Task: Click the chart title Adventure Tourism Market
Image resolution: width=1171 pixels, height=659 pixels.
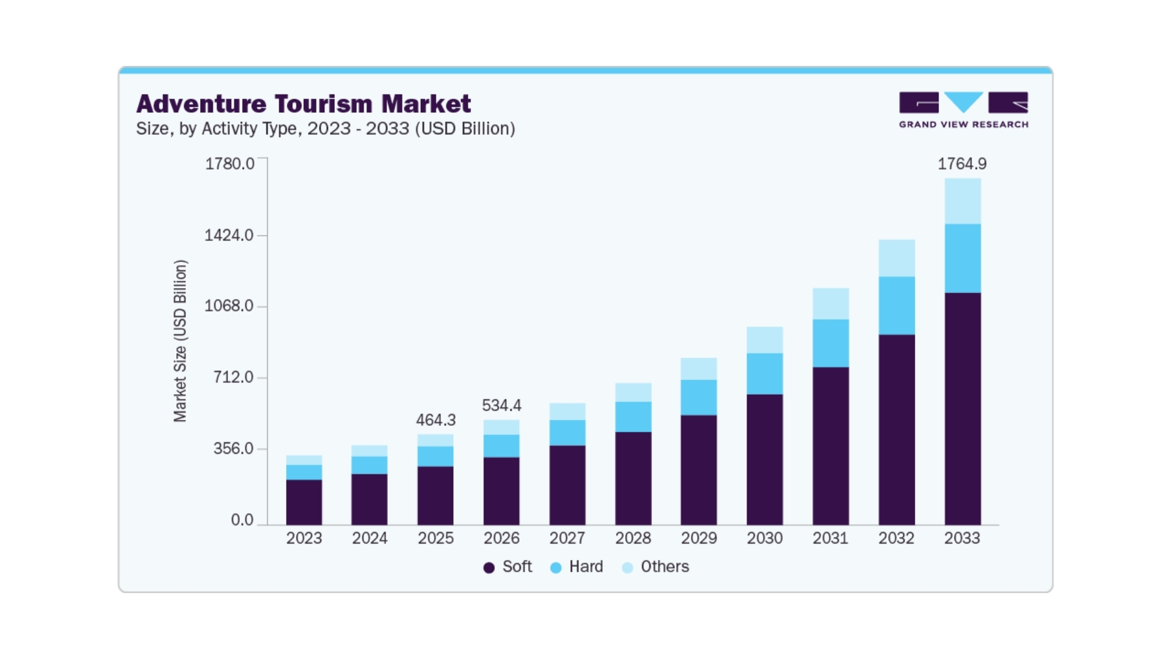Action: tap(303, 104)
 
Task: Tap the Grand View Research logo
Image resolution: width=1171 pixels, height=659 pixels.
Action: tap(963, 110)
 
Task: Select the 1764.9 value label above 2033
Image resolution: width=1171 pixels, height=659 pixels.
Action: tap(962, 164)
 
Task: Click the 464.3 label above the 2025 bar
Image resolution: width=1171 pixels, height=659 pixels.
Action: tap(435, 420)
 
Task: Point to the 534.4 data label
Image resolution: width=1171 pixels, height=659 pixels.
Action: tap(501, 405)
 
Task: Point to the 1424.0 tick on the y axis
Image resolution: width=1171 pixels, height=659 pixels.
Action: tap(229, 235)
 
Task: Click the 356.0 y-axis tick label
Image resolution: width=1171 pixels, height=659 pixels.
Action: tap(233, 448)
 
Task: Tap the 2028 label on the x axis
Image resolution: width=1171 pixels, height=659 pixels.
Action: tap(633, 538)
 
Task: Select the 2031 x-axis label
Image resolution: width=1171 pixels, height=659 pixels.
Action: tap(830, 538)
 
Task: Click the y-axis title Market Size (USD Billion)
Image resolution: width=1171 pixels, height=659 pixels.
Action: tap(180, 340)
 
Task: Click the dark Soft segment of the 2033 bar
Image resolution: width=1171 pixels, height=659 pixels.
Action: tap(962, 409)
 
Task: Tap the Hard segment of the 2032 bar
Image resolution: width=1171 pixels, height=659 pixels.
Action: tap(897, 305)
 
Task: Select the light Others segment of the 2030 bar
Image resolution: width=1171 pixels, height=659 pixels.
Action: tap(765, 340)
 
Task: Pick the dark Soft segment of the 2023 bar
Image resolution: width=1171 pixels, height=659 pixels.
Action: tap(304, 502)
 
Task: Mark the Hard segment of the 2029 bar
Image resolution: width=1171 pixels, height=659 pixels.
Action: tap(699, 397)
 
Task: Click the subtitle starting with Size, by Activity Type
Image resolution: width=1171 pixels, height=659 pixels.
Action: tap(325, 129)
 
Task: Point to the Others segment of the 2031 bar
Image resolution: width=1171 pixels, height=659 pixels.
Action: tap(831, 303)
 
